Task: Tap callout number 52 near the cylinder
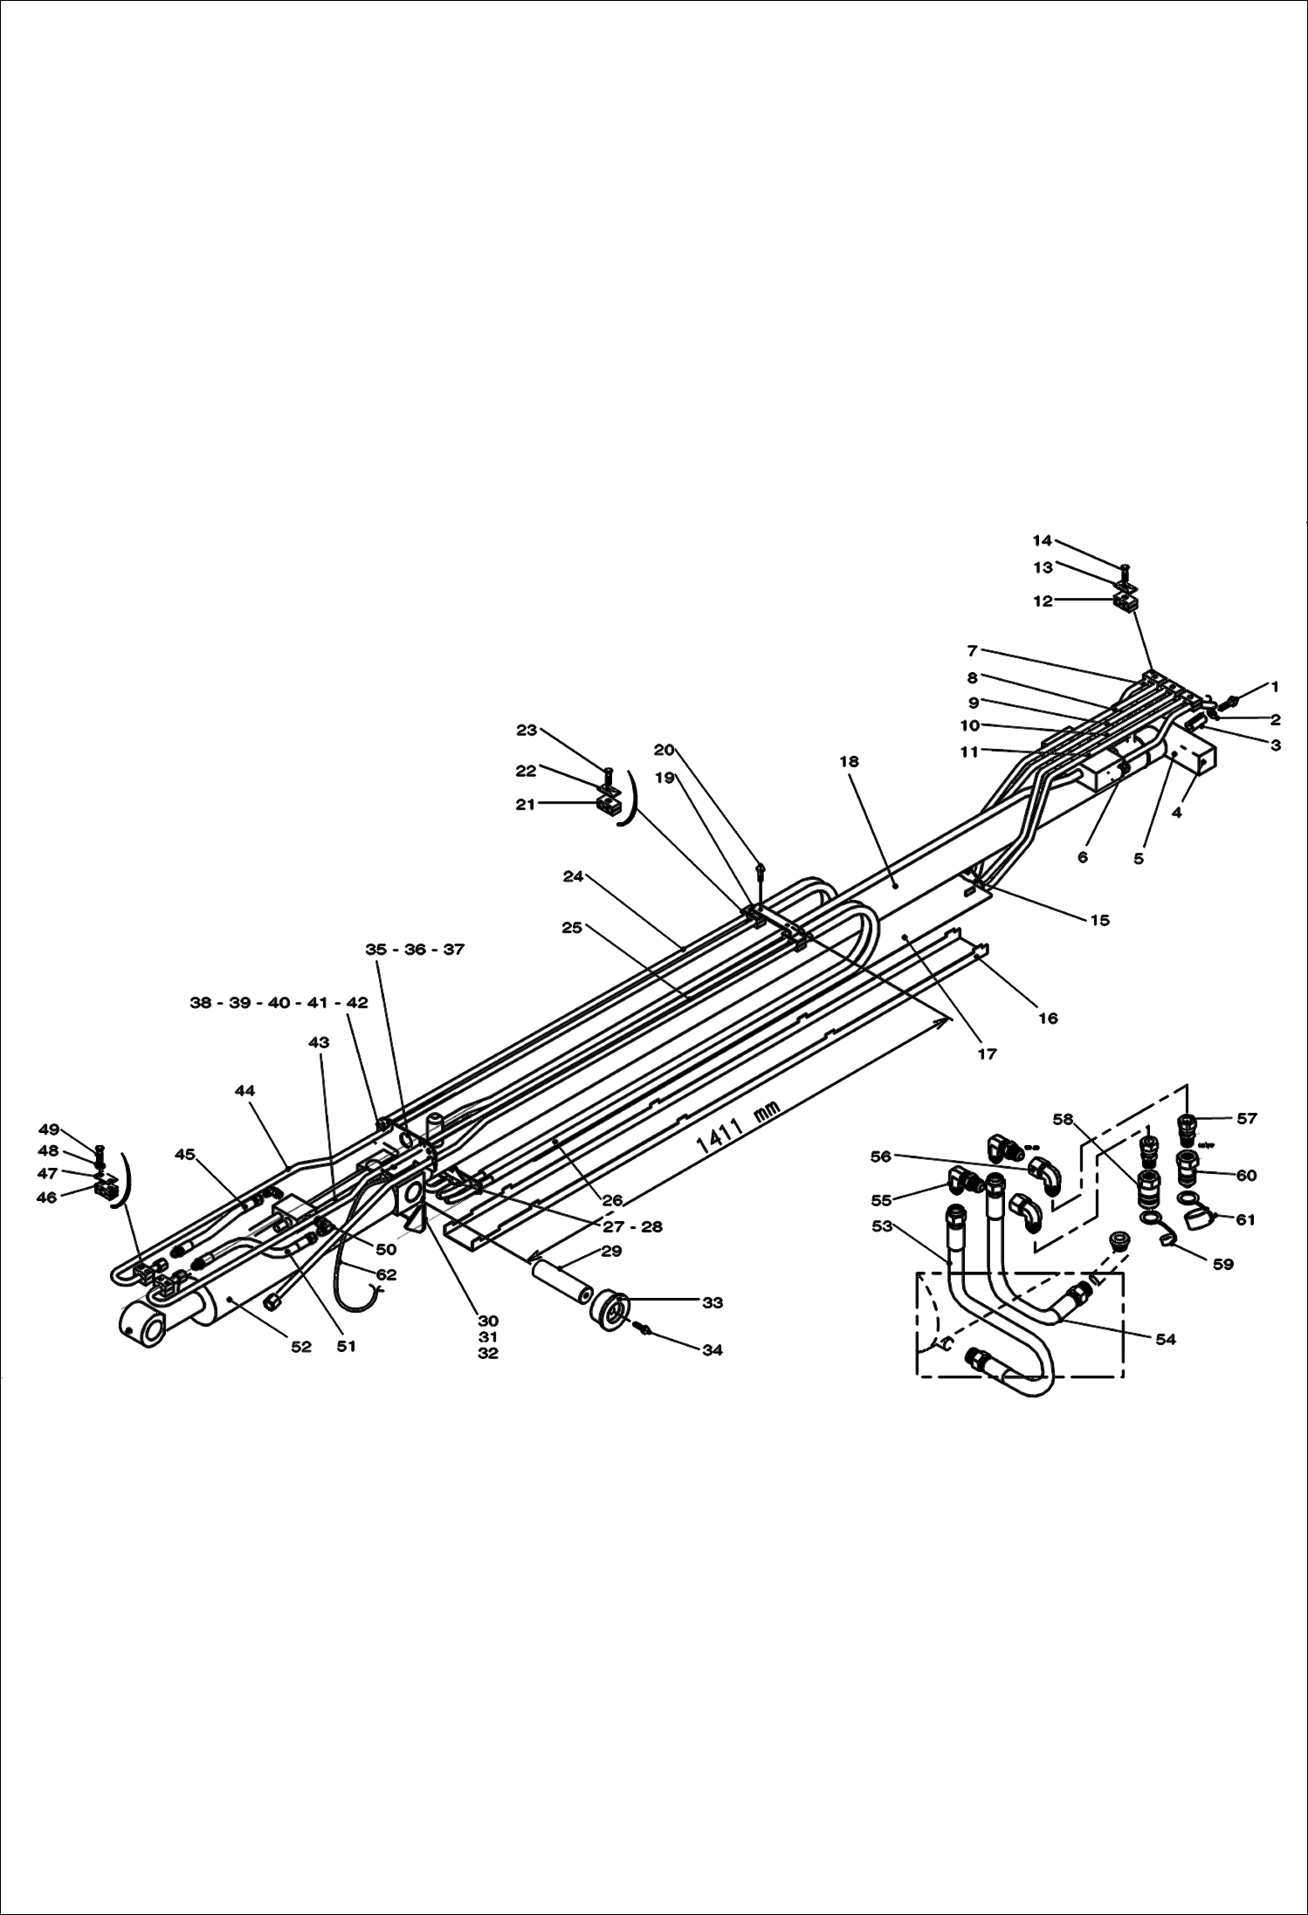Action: pyautogui.click(x=300, y=1347)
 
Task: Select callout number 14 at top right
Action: pyautogui.click(x=1043, y=541)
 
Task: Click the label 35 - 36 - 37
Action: pyautogui.click(x=415, y=950)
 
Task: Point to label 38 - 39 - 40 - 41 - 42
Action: pyautogui.click(x=279, y=1003)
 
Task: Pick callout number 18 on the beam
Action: pyautogui.click(x=849, y=761)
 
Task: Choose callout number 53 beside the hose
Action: pyautogui.click(x=882, y=1226)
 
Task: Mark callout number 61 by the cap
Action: pyautogui.click(x=1245, y=1219)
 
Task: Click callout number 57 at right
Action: pyautogui.click(x=1247, y=1118)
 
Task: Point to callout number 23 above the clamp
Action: pyautogui.click(x=527, y=731)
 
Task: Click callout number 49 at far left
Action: pyautogui.click(x=49, y=1130)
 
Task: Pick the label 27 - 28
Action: pyautogui.click(x=632, y=1226)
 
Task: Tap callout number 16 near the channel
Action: pyautogui.click(x=1048, y=1018)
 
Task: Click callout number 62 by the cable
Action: pyautogui.click(x=386, y=1274)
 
